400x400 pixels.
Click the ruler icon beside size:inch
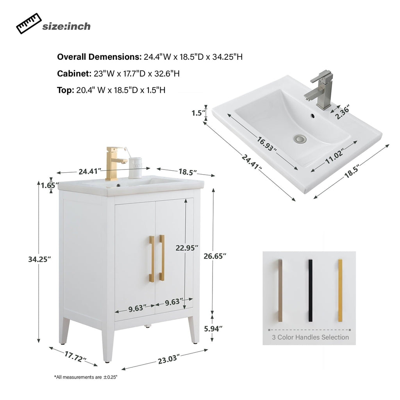click(29, 23)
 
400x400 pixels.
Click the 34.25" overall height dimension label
click(40, 259)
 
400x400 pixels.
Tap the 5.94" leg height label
click(213, 329)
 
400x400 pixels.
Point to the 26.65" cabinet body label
click(215, 256)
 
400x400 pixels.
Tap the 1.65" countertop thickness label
click(50, 185)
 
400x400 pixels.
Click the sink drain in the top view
click(300, 138)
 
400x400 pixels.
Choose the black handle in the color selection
click(311, 290)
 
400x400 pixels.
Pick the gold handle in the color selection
click(340, 290)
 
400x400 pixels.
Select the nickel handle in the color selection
click(280, 290)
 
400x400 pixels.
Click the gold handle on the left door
click(151, 258)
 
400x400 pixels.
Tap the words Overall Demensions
click(99, 57)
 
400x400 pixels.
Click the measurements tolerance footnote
click(86, 377)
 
